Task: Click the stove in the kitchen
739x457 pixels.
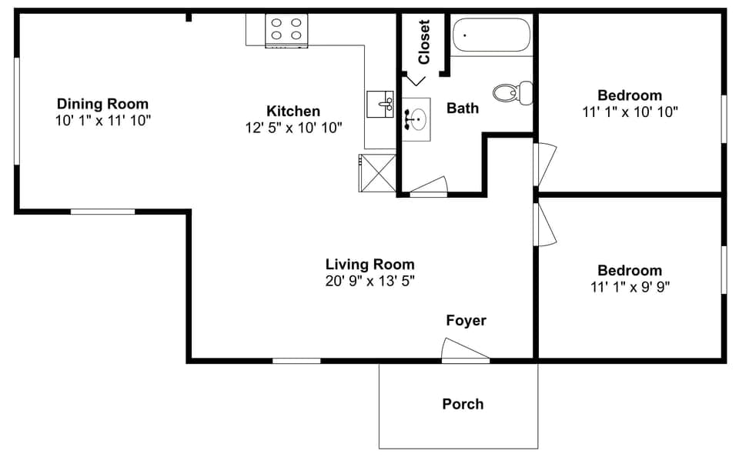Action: [286, 30]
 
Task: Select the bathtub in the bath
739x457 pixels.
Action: [491, 35]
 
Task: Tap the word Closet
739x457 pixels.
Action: [423, 42]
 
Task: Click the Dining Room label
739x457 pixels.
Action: [102, 104]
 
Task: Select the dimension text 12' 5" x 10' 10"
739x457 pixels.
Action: [293, 128]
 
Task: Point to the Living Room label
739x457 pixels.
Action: [369, 264]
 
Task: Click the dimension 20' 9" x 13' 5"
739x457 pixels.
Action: [369, 281]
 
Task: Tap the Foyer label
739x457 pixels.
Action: [466, 320]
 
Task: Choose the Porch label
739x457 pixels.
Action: [463, 403]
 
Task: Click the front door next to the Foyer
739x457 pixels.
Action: [465, 352]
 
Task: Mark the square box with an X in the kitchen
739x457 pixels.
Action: [377, 172]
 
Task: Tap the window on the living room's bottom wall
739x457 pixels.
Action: [296, 360]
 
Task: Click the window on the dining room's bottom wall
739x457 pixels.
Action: [102, 211]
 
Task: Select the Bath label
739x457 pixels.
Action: [463, 108]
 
